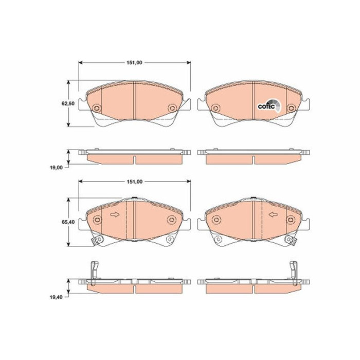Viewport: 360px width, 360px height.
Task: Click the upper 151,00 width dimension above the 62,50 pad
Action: click(x=135, y=63)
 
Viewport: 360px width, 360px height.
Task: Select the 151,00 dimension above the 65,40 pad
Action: click(x=135, y=182)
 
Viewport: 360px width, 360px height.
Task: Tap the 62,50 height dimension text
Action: click(x=68, y=103)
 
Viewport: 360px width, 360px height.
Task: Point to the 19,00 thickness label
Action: click(x=56, y=168)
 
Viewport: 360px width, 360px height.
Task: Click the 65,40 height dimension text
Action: click(x=68, y=222)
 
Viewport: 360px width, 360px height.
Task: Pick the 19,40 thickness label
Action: click(x=56, y=297)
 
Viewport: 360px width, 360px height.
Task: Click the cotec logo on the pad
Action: click(x=269, y=105)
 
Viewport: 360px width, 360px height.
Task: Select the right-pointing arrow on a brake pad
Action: click(x=115, y=214)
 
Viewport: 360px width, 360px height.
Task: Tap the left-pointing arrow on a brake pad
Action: click(x=273, y=214)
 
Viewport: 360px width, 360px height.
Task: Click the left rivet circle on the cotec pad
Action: click(x=215, y=107)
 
